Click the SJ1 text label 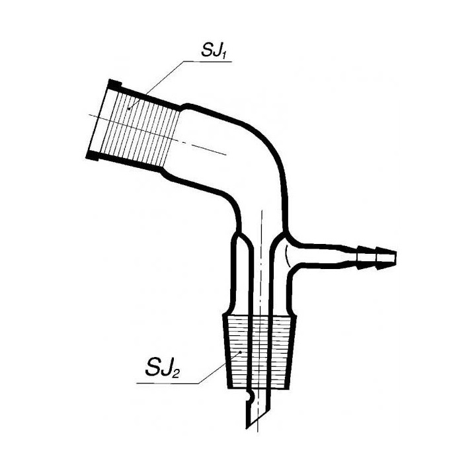coord(215,50)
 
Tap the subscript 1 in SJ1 coord(225,54)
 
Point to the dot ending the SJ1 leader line coord(129,108)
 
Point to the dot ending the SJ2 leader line coord(241,352)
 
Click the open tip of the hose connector coord(395,257)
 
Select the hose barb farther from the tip coord(366,257)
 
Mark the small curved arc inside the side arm coord(286,257)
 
